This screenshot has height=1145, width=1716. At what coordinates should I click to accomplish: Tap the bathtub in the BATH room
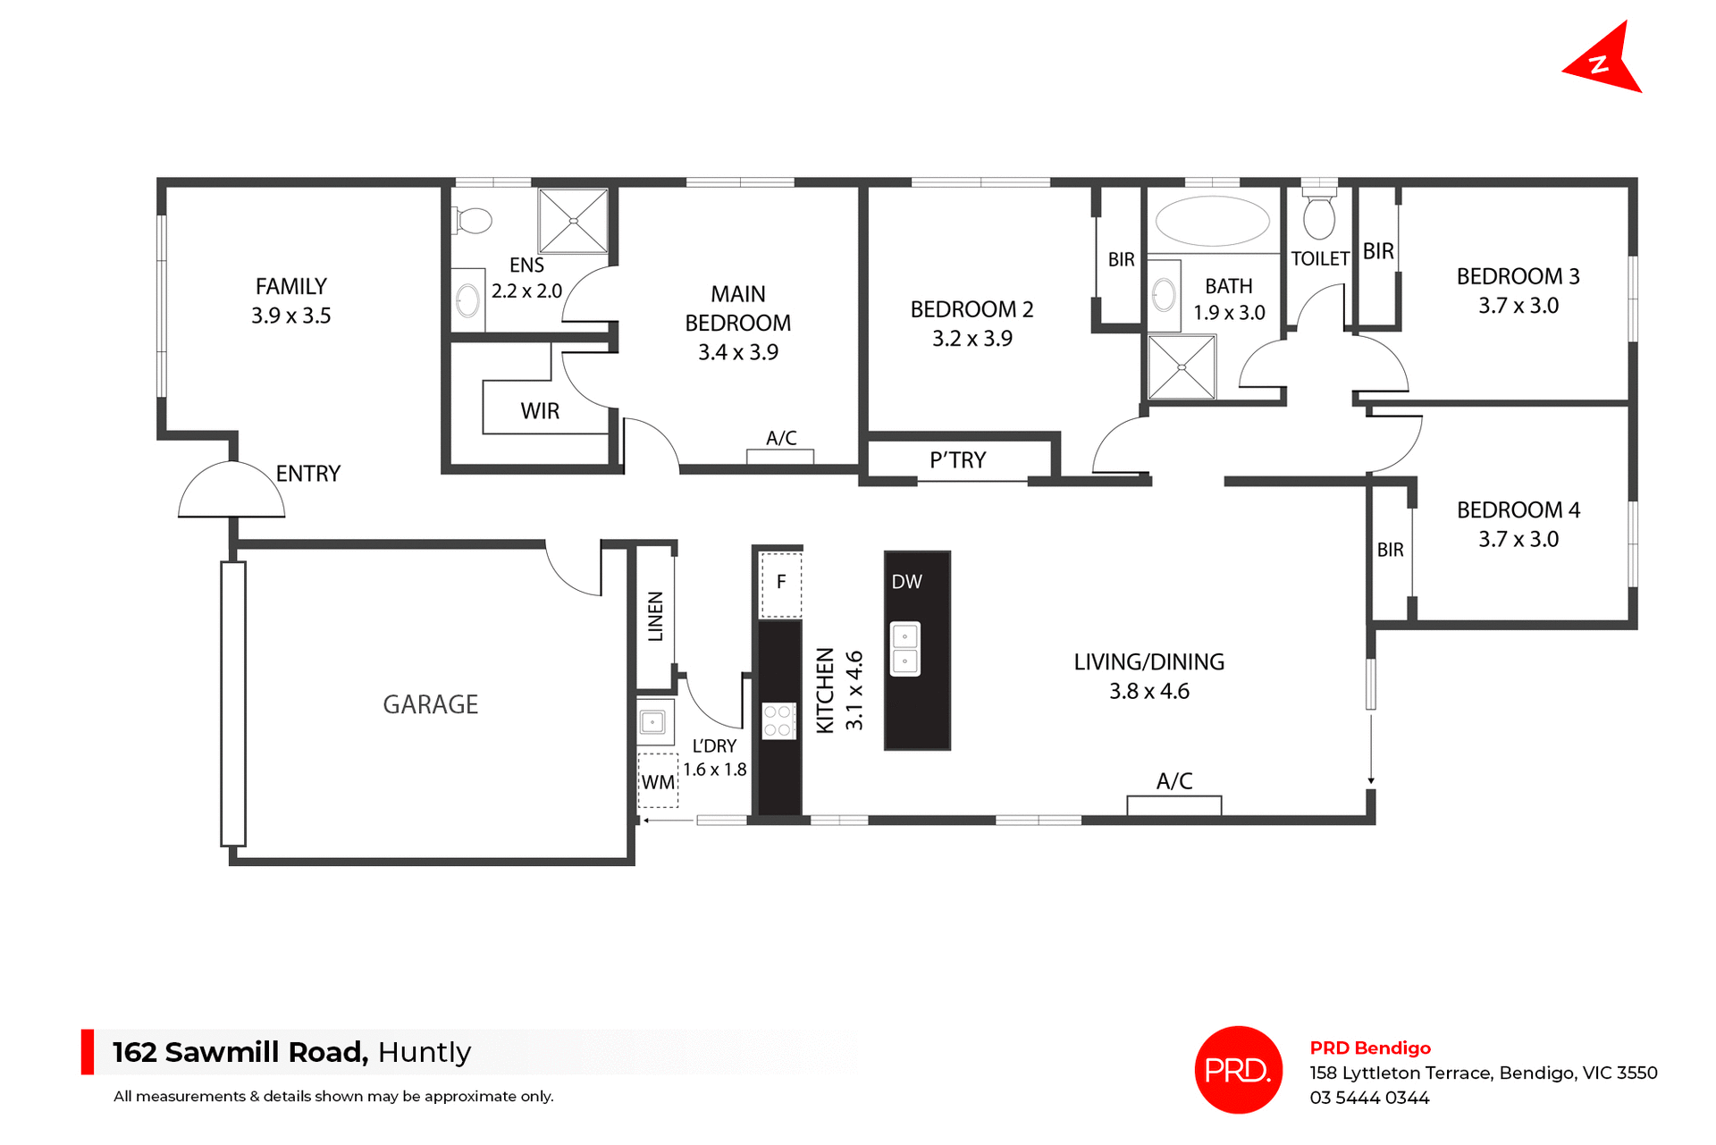[1212, 220]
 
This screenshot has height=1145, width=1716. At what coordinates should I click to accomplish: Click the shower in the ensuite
[573, 221]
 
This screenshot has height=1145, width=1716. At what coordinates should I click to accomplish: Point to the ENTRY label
[307, 474]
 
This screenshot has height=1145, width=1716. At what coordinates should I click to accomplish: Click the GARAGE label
[430, 704]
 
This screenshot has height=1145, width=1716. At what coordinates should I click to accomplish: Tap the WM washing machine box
[658, 782]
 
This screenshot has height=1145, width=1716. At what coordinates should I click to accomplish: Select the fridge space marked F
[780, 584]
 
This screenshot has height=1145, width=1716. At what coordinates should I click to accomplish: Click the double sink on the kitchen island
[905, 649]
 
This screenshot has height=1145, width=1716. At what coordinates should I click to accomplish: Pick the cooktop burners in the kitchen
[778, 721]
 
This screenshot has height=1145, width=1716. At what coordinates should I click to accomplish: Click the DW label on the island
[906, 582]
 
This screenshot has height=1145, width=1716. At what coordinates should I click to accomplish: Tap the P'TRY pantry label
[957, 460]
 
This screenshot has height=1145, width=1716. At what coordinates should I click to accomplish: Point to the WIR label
[540, 411]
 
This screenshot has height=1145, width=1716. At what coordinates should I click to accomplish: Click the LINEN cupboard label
[656, 616]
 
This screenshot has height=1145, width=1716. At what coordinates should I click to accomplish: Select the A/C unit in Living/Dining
[1173, 804]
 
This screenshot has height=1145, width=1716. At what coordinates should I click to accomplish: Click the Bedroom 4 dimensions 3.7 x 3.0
[1518, 539]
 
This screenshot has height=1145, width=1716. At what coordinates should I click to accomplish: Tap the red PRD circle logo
[1238, 1069]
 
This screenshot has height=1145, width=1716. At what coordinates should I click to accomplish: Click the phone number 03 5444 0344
[1369, 1098]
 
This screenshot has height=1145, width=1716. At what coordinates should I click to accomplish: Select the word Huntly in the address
[424, 1052]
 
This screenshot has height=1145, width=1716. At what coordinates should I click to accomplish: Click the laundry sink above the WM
[653, 722]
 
